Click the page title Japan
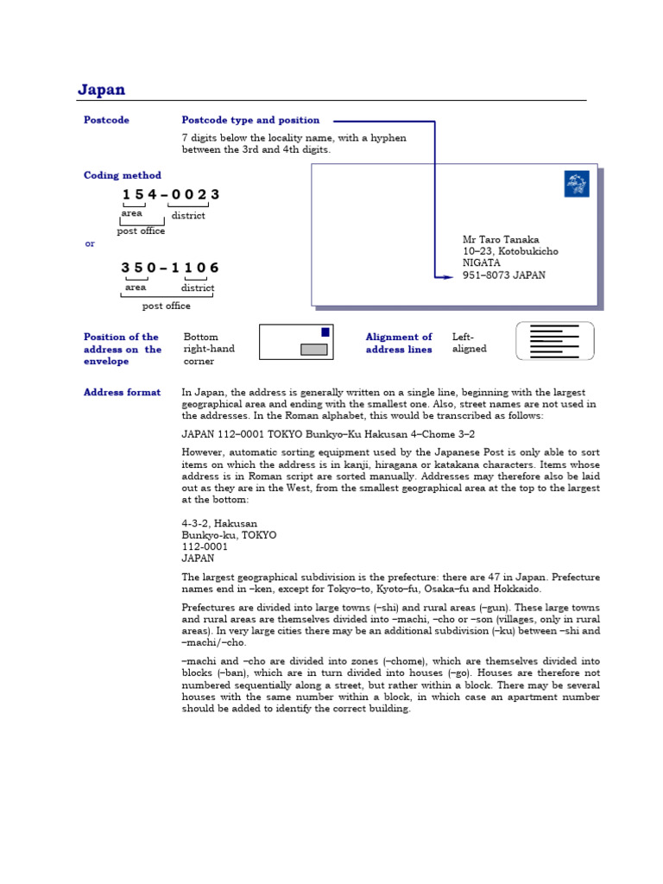pos(101,90)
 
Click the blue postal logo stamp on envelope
pos(576,184)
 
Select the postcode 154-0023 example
pos(170,194)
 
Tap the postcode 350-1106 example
pos(170,268)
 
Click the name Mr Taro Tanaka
pos(501,240)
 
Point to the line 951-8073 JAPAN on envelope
pos(504,275)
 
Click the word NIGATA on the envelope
pos(481,263)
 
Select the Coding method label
pos(122,175)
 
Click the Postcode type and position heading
pos(250,120)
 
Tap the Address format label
pos(122,392)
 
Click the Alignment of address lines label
pos(399,343)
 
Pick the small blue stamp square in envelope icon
pos(325,331)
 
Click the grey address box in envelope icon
pos(313,349)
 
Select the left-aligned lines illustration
pos(554,341)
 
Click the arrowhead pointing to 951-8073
pos(445,277)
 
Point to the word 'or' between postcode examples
pos(90,243)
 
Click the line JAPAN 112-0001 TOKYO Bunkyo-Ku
pos(328,434)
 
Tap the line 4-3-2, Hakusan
pos(219,523)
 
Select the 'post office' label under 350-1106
pos(166,306)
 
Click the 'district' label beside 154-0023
pos(188,215)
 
